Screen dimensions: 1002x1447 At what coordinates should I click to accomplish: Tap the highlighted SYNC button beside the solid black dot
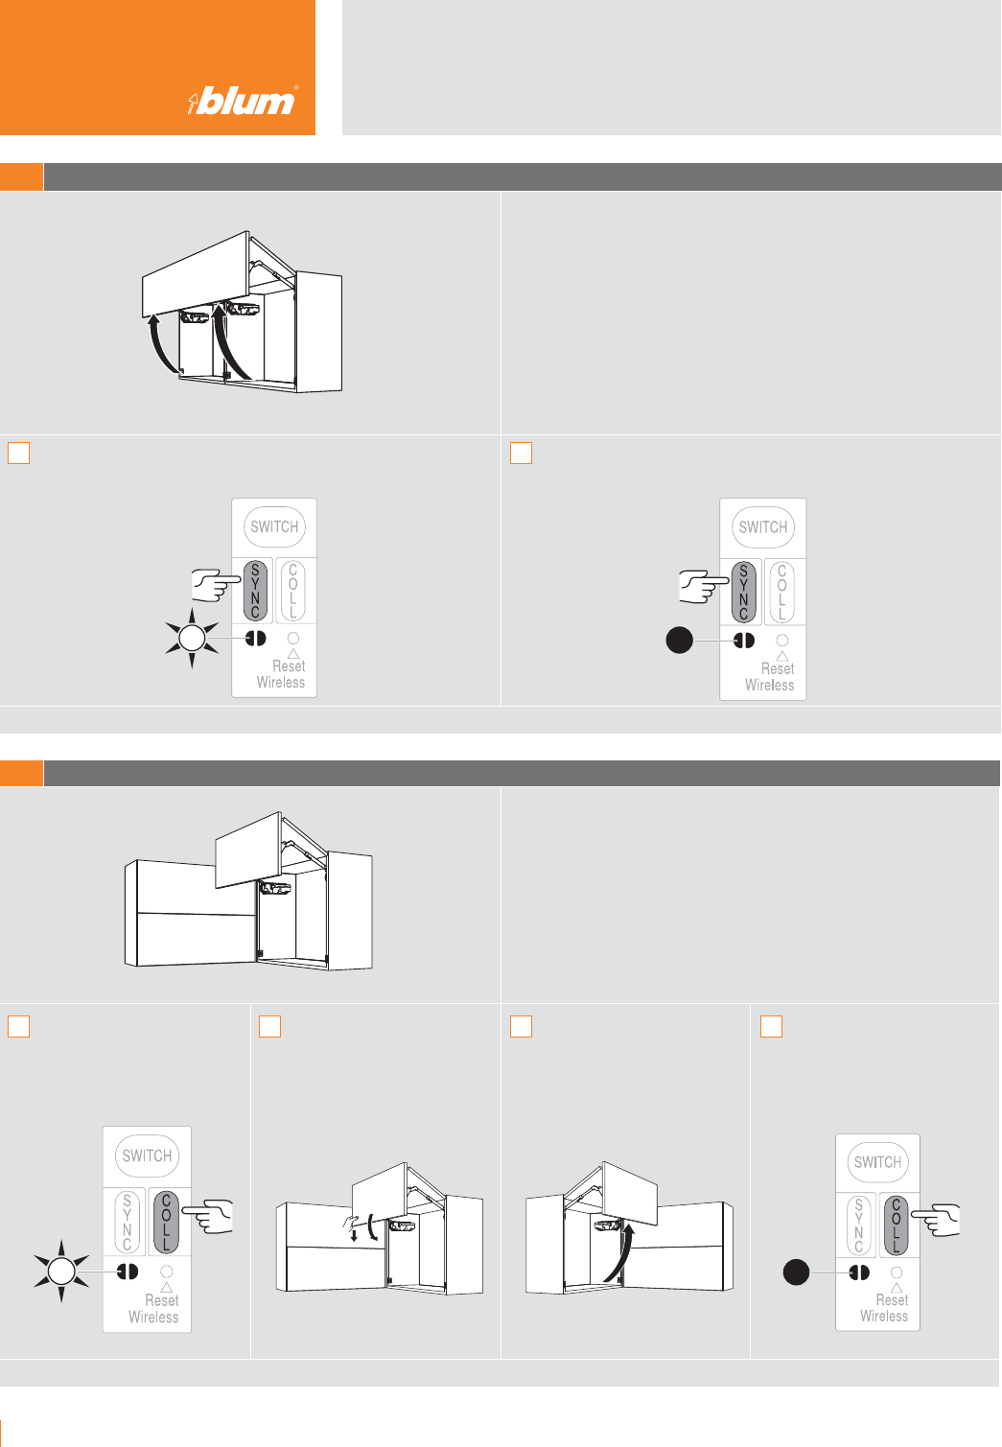[x=743, y=592]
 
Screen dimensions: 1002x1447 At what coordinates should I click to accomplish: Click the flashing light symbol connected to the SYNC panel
[x=192, y=639]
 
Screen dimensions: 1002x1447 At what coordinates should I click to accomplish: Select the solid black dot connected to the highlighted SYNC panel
[x=679, y=641]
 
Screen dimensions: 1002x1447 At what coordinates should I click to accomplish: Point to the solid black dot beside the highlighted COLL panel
[x=796, y=1272]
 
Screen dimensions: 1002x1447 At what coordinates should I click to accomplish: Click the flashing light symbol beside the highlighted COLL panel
[x=61, y=1272]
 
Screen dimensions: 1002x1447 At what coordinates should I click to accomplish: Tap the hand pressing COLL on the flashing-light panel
[x=207, y=1217]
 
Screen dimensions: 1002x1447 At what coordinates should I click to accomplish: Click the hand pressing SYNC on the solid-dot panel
[x=703, y=586]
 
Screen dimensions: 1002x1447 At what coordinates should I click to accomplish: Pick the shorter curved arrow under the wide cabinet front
[x=160, y=342]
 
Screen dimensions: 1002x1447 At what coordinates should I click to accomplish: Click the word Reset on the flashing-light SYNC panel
[x=288, y=666]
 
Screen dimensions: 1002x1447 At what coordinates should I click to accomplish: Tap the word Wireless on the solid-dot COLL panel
[x=884, y=1316]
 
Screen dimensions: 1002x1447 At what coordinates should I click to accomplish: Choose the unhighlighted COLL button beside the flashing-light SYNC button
[x=293, y=591]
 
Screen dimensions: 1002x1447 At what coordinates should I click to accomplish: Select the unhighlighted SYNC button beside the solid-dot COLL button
[x=858, y=1225]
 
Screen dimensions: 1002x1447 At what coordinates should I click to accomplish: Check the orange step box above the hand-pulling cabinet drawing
[x=269, y=1026]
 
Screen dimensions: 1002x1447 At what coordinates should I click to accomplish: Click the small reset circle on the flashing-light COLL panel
[x=166, y=1272]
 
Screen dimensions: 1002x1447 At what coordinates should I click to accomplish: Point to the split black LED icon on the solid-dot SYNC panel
[x=743, y=641]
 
